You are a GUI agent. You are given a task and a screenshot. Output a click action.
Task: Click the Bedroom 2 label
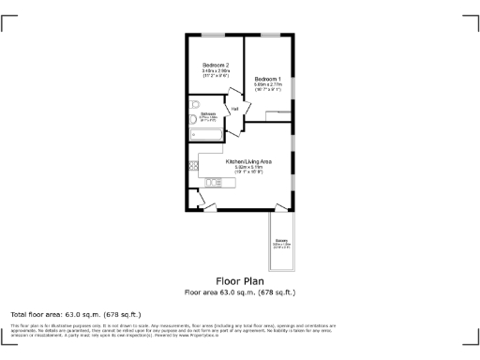(216, 65)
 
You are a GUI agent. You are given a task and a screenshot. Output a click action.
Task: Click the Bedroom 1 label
(268, 79)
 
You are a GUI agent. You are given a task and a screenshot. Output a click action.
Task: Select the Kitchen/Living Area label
(248, 161)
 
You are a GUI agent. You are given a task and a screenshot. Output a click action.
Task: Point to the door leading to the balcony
(278, 205)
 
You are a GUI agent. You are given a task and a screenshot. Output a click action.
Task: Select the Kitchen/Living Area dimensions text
(248, 170)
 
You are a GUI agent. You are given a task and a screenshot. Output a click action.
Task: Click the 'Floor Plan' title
(240, 280)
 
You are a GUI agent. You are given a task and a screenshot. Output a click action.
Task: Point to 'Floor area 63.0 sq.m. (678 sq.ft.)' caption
(240, 292)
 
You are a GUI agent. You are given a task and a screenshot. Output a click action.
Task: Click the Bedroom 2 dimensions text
(216, 73)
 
